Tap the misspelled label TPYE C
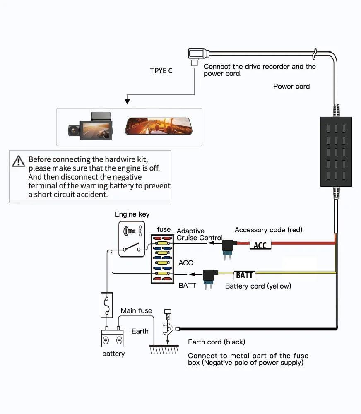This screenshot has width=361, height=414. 161,71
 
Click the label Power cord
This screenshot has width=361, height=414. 291,86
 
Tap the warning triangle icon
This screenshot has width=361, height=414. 18,161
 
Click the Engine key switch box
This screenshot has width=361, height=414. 132,238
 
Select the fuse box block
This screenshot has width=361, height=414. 162,259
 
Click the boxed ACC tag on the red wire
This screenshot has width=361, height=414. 260,245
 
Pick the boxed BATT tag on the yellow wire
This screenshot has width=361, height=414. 244,275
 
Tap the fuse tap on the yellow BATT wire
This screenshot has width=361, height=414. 209,278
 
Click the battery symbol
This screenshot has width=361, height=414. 112,338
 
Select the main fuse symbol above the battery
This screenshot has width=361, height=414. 107,305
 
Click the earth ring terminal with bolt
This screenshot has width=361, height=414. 168,327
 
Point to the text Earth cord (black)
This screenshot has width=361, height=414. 217,342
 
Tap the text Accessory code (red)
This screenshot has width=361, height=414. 268,230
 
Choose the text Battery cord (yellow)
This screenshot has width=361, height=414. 258,286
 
